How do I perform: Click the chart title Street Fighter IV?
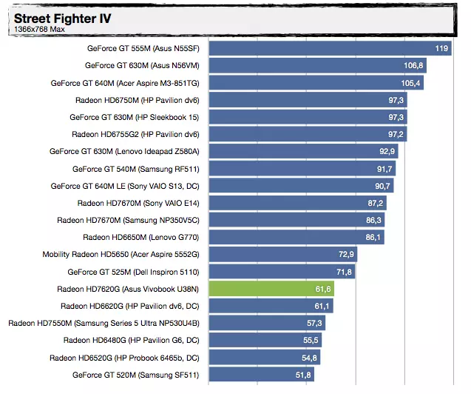point(62,18)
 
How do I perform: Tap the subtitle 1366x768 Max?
point(37,30)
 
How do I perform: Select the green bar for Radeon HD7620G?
point(271,289)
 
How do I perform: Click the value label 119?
point(442,48)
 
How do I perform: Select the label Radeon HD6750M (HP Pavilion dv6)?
point(138,100)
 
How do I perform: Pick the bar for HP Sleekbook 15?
point(308,117)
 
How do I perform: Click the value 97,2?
point(396,134)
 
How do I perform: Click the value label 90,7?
point(382,186)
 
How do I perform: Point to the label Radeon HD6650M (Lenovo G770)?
point(141,237)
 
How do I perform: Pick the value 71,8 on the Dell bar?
point(344,272)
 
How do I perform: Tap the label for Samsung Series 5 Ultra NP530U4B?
point(104,323)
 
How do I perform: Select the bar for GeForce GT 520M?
point(261,375)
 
